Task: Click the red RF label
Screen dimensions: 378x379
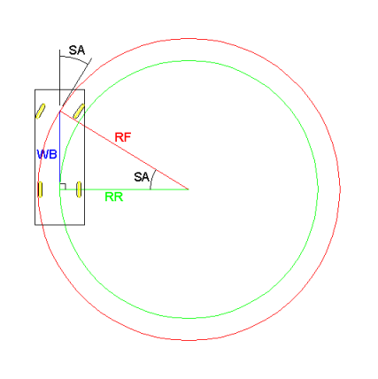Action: tap(123, 137)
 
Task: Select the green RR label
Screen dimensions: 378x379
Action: tap(114, 197)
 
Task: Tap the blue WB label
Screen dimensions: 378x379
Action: tap(47, 154)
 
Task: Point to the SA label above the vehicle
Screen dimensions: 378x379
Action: tap(77, 50)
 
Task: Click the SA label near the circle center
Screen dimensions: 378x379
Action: tap(142, 177)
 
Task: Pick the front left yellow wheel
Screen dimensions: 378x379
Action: tap(41, 111)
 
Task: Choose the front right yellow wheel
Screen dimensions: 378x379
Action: tap(79, 111)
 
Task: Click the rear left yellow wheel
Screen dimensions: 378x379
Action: tap(40, 189)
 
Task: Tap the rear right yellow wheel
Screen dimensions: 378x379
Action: tap(79, 189)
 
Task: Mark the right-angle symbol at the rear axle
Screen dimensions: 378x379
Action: tap(63, 186)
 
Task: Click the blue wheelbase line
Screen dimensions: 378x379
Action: tap(60, 150)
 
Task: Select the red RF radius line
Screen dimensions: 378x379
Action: tap(124, 150)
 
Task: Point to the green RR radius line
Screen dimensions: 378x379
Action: tap(124, 189)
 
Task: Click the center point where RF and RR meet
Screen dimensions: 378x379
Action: tap(189, 189)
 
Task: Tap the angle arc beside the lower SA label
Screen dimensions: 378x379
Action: tap(152, 179)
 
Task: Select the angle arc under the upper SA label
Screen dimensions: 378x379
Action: tap(74, 58)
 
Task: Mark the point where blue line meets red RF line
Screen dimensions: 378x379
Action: tap(60, 111)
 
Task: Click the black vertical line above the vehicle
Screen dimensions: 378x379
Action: tap(59, 77)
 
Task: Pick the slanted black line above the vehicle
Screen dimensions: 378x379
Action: tap(76, 81)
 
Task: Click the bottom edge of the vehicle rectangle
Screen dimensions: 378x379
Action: tap(60, 225)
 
